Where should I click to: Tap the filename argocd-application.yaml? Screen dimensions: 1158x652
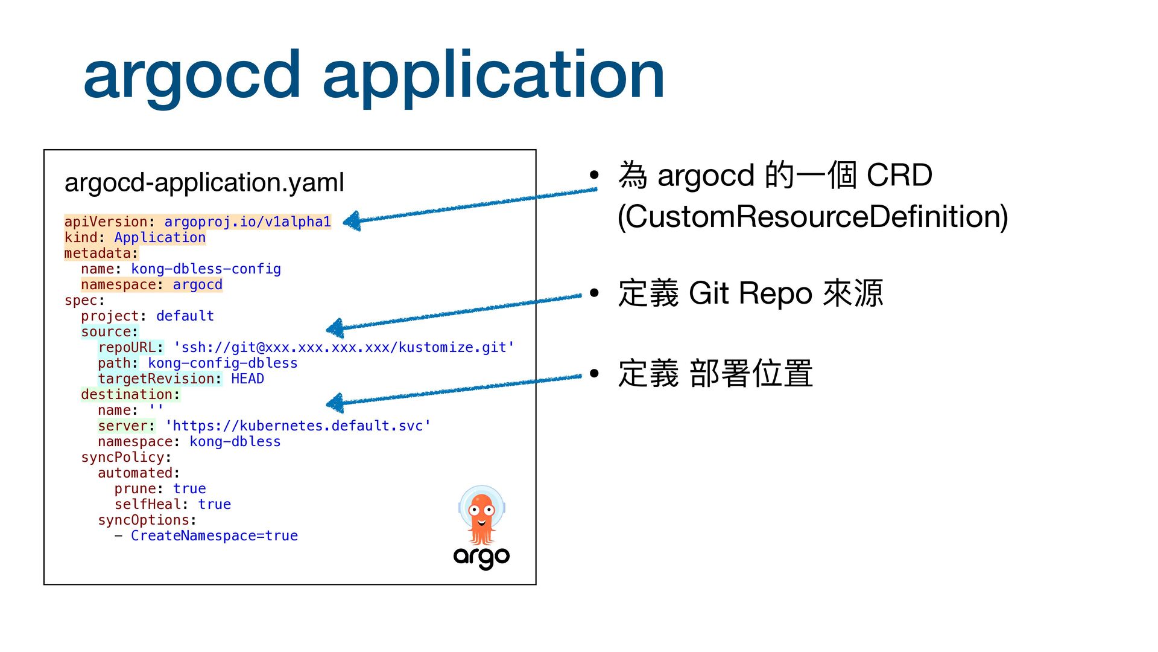tap(204, 183)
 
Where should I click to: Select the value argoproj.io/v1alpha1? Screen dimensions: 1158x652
tap(247, 222)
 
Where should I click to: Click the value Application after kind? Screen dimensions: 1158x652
tap(160, 238)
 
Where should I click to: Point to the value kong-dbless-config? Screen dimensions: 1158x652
tap(206, 269)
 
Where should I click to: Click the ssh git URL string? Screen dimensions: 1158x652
tap(343, 348)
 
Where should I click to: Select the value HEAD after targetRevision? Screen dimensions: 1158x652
tap(247, 379)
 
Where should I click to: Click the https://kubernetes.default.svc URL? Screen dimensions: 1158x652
tap(298, 426)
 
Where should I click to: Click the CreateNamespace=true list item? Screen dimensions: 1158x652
tap(214, 536)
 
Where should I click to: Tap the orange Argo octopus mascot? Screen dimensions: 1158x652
tap(482, 516)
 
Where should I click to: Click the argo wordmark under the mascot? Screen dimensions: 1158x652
tap(481, 557)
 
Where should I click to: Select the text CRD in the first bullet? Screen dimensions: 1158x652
tap(899, 176)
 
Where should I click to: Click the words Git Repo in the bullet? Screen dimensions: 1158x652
tap(750, 293)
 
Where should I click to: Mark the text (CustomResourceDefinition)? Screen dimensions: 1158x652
tap(813, 217)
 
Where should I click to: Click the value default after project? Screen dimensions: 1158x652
tap(185, 316)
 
